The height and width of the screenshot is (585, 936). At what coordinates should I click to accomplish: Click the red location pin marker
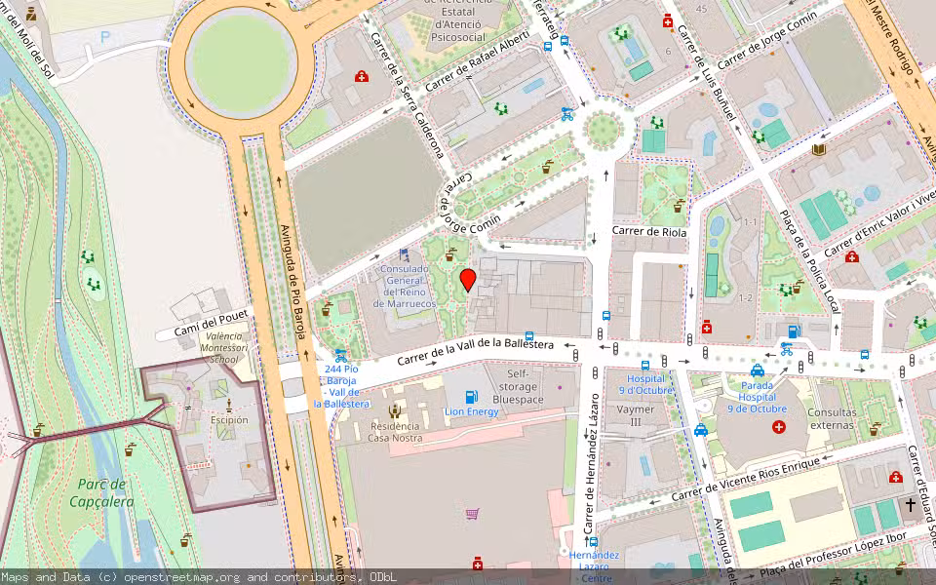(468, 280)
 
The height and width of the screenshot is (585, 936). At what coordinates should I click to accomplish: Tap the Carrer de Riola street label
(649, 232)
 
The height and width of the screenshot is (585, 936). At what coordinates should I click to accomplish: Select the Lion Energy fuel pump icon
(472, 396)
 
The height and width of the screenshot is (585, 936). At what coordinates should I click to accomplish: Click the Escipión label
(229, 420)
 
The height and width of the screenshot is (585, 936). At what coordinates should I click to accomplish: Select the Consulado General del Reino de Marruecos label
(404, 287)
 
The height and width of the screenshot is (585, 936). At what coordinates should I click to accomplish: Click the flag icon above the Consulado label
(404, 254)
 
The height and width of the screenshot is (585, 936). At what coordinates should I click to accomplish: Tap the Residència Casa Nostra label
(395, 432)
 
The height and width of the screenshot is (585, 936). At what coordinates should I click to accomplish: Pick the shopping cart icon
(473, 513)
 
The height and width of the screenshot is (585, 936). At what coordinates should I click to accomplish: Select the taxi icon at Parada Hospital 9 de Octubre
(758, 370)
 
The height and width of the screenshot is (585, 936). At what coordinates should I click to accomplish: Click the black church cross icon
(912, 504)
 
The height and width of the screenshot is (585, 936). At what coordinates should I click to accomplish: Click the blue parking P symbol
(104, 37)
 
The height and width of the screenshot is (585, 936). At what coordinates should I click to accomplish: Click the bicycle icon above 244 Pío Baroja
(340, 356)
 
